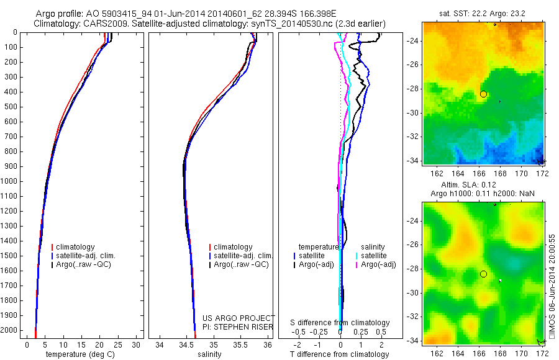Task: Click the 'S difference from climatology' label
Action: (340, 323)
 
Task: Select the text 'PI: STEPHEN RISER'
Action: (235, 326)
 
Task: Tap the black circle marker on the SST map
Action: (483, 94)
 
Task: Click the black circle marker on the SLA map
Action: (483, 274)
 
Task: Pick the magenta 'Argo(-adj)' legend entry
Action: (378, 264)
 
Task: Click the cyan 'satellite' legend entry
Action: (374, 256)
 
